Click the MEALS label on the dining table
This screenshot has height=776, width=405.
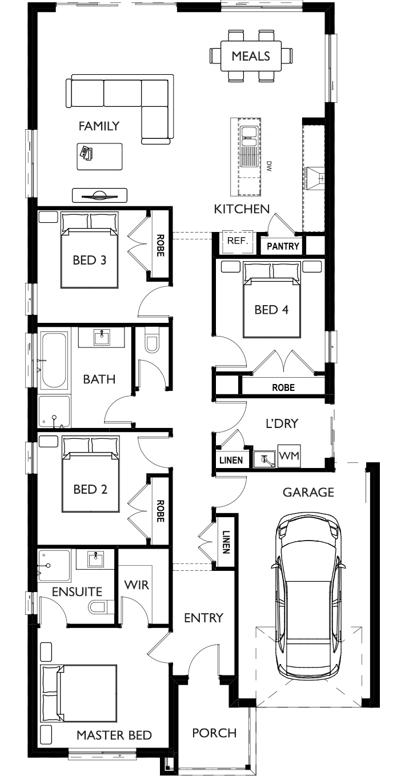251,56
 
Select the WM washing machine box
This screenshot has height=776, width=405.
289,456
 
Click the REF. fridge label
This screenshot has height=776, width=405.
238,241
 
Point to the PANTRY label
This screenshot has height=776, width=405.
283,246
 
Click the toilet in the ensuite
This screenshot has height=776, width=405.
101,607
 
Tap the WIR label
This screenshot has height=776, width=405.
137,585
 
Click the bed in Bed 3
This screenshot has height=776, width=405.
89,250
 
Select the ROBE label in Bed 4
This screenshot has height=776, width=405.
283,387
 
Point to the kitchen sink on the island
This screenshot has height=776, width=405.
249,137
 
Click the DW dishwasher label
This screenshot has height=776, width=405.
269,166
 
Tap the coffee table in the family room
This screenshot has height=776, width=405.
99,157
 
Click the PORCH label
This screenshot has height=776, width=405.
214,733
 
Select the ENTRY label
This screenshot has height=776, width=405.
203,618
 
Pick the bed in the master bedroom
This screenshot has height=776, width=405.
79,693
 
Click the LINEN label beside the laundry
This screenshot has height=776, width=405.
231,460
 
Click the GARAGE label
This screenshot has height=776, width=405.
308,492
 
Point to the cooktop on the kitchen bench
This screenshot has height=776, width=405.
315,179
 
